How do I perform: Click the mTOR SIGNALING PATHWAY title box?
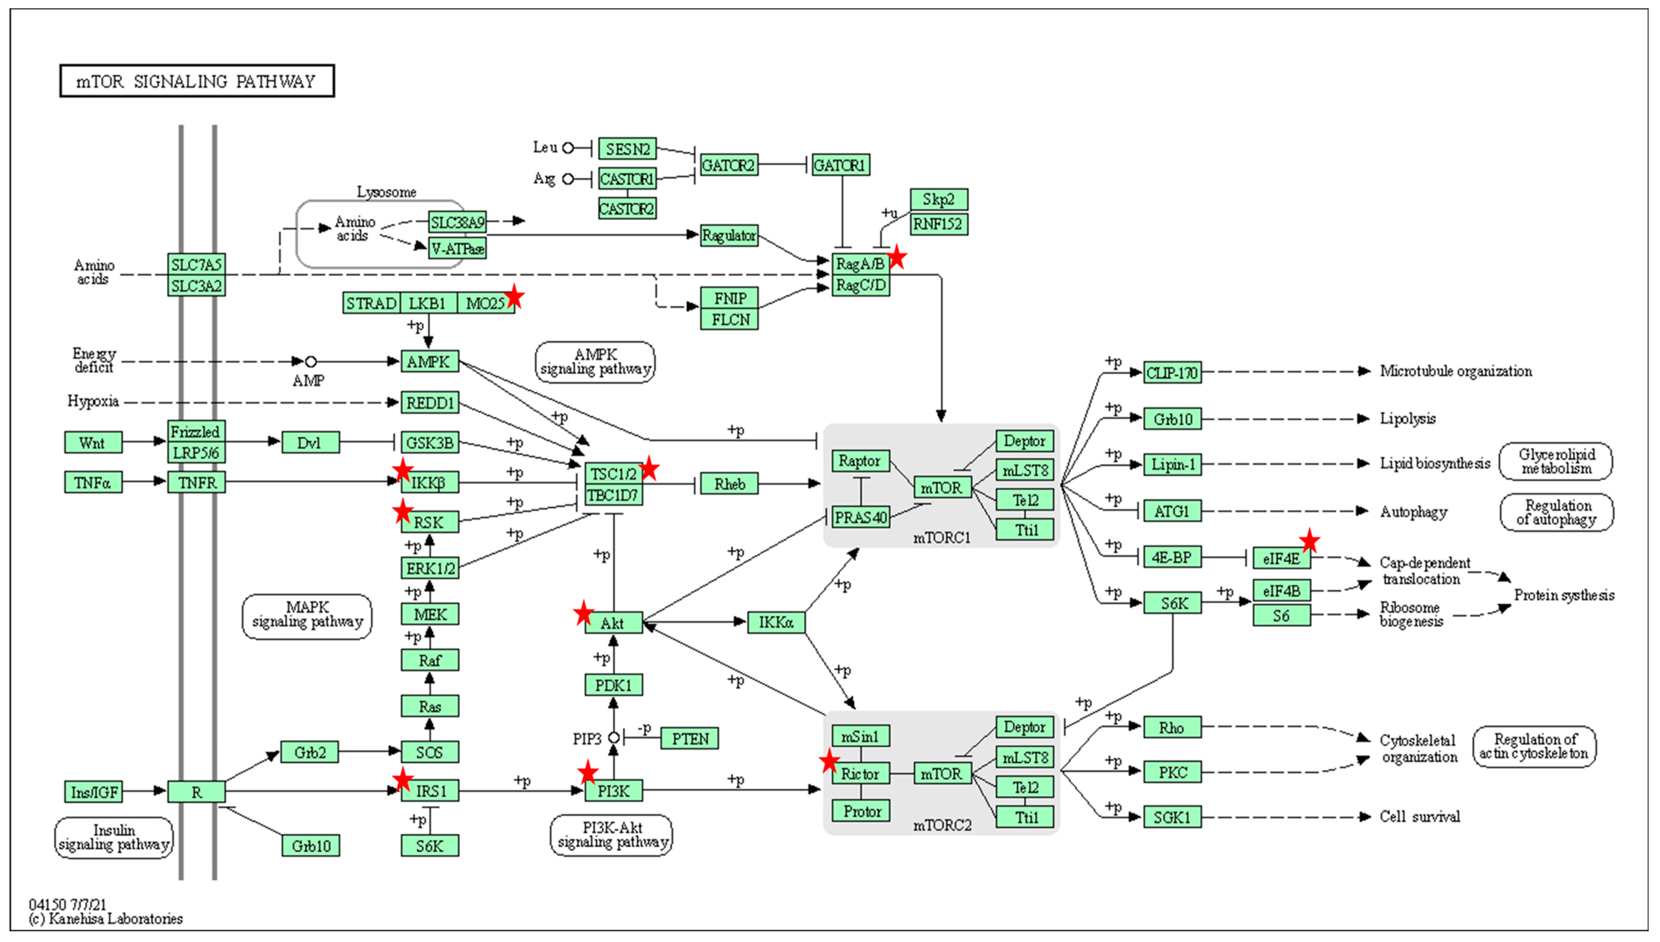(197, 81)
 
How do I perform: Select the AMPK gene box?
(429, 362)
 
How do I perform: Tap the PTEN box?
(689, 738)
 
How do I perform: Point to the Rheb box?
(729, 484)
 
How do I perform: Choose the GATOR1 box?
(840, 166)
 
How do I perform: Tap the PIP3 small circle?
(614, 738)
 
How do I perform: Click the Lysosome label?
(386, 192)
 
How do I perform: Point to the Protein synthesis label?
(1564, 595)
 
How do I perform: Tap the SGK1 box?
(1172, 817)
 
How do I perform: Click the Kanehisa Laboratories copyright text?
(106, 919)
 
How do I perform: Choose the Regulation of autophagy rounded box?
(1556, 512)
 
